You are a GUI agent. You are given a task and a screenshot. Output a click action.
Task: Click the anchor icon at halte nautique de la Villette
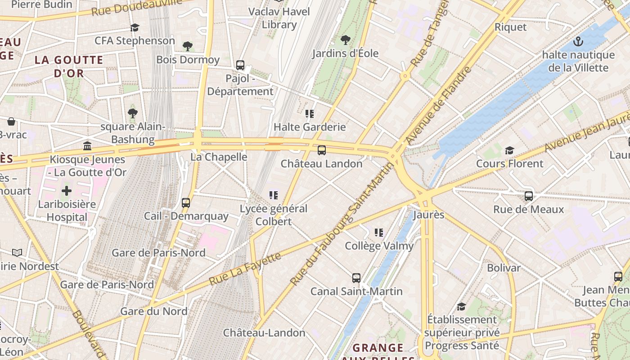pos(578,42)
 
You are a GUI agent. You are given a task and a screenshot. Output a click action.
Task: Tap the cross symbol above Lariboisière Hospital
pos(67,191)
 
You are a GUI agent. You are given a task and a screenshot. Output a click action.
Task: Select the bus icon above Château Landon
pos(321,150)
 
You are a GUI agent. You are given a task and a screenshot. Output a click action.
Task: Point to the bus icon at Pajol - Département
pos(240,65)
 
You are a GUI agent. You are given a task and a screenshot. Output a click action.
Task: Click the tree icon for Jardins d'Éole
pos(345,40)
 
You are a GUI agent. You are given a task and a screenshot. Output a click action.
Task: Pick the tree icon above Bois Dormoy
pos(188,46)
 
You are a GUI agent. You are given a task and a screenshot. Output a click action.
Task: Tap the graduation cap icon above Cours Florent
pos(509,150)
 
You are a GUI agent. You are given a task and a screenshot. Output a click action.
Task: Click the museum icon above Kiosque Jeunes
pos(87,146)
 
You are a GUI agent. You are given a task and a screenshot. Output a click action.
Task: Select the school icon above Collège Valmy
pos(379,233)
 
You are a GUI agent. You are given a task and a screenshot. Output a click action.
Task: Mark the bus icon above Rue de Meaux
pos(529,196)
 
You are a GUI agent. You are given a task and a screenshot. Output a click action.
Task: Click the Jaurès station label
pos(428,215)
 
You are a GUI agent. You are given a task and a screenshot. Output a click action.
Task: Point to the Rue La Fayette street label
pos(245,269)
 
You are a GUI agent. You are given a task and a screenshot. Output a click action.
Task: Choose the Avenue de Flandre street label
pos(439,106)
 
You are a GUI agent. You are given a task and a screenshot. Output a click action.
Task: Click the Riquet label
pos(510,27)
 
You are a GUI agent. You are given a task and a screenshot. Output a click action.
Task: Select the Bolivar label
pos(504,268)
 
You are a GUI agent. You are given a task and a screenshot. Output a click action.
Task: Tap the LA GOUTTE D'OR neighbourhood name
pos(69,66)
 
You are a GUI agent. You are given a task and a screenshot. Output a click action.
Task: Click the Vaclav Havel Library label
pos(279,18)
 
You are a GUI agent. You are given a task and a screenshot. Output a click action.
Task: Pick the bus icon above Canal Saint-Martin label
pos(356,278)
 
